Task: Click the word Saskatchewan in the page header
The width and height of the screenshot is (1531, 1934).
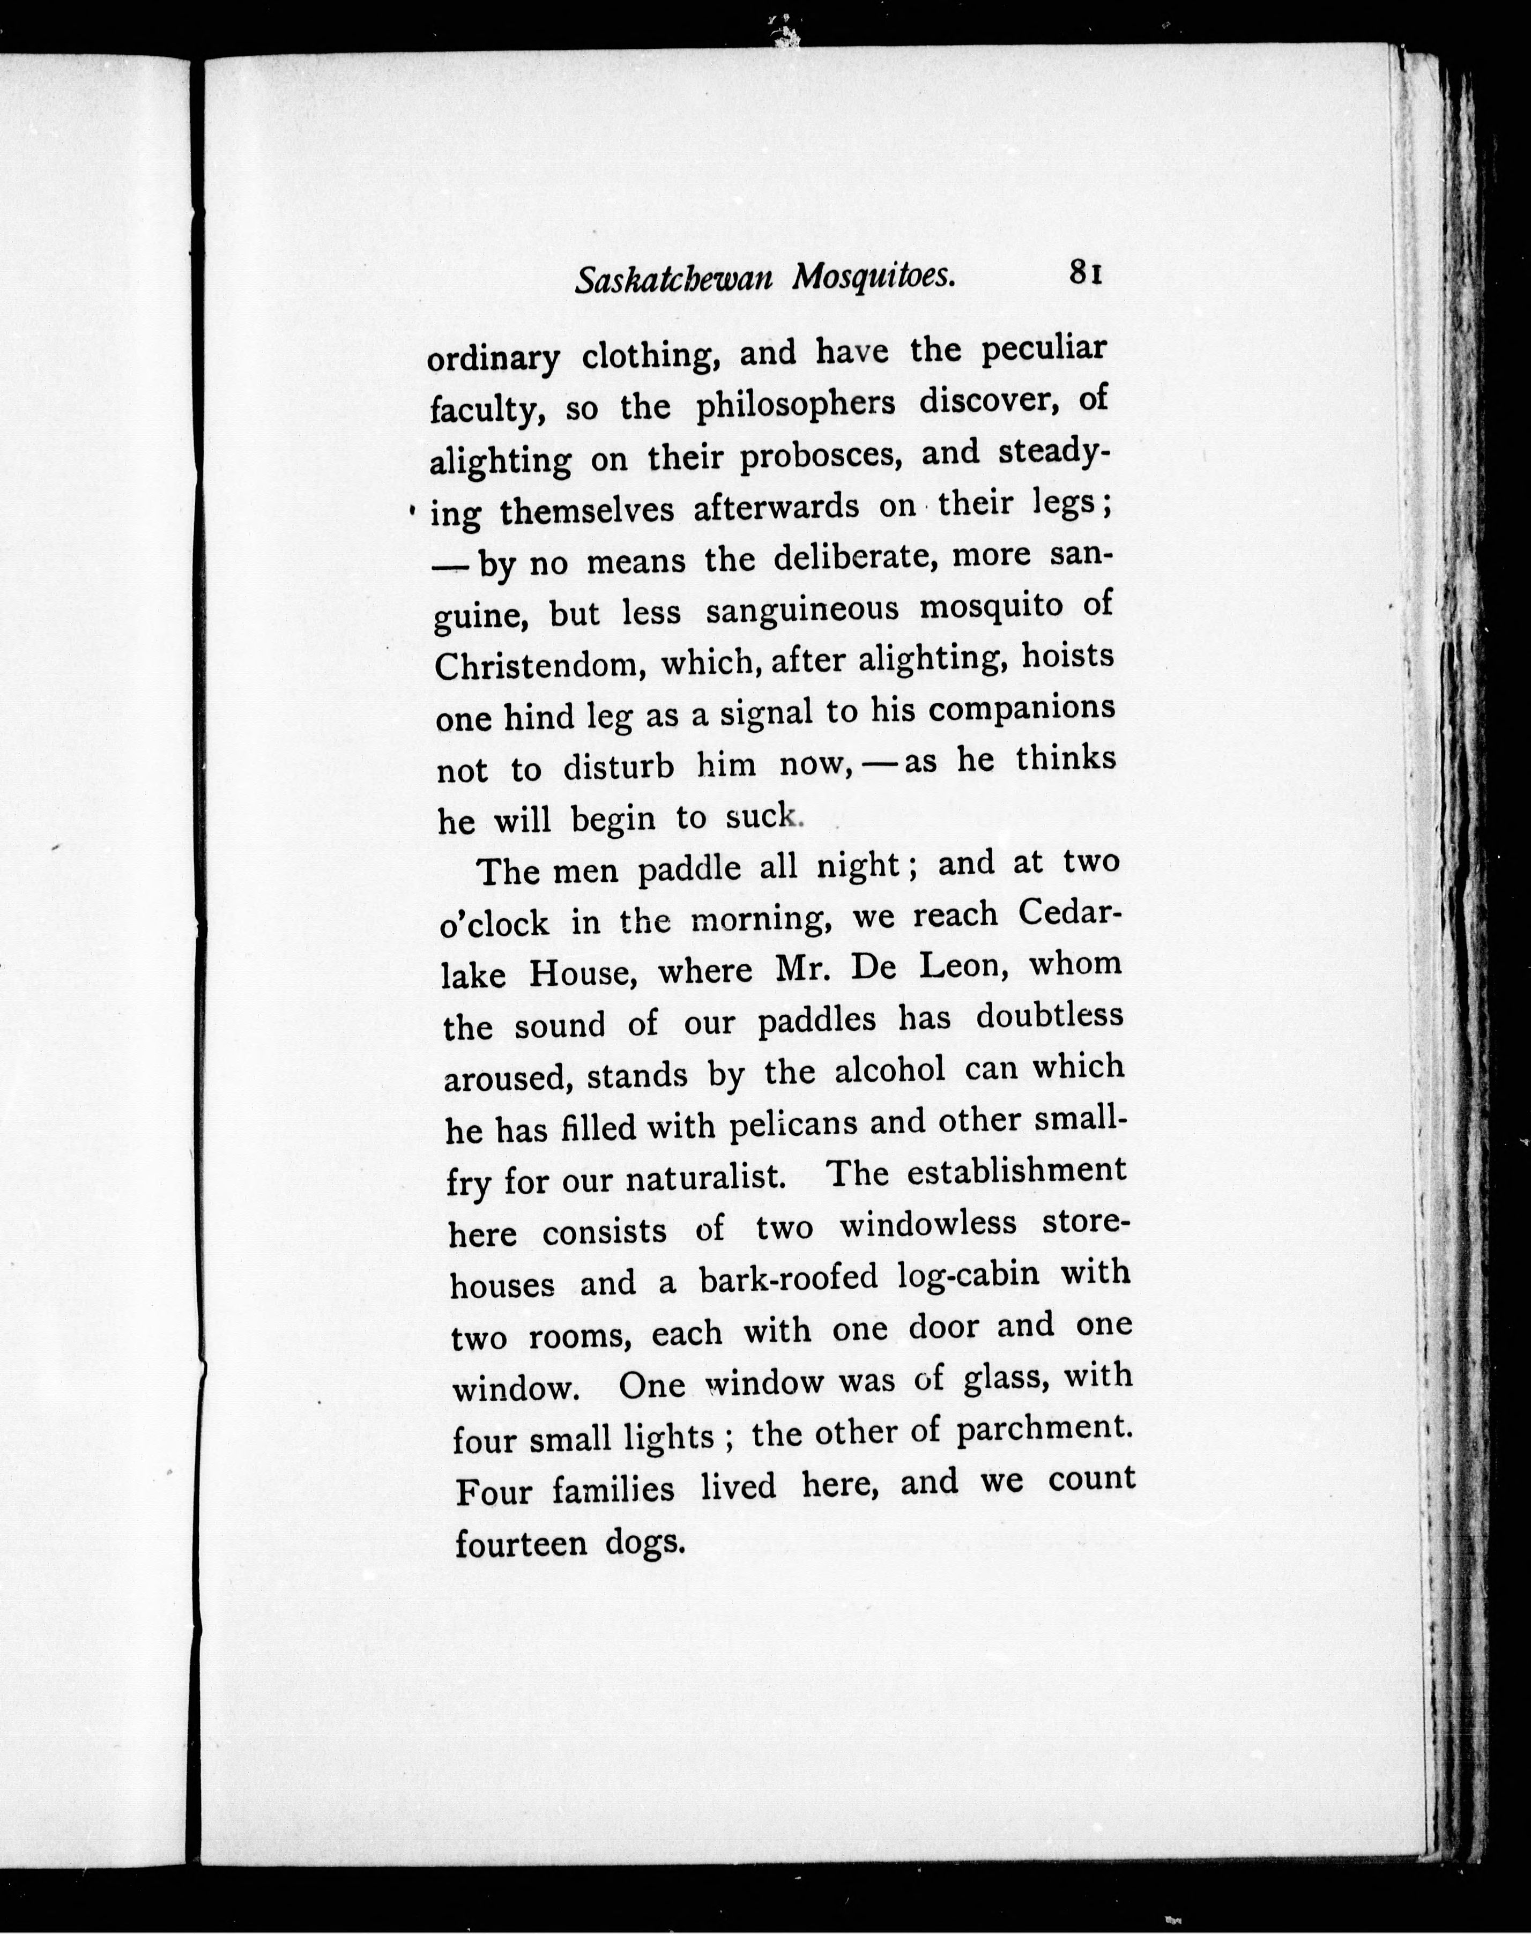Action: [x=673, y=280]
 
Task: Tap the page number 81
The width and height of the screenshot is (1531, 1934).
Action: [x=1084, y=272]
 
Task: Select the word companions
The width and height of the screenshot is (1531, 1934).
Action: [x=1022, y=709]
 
